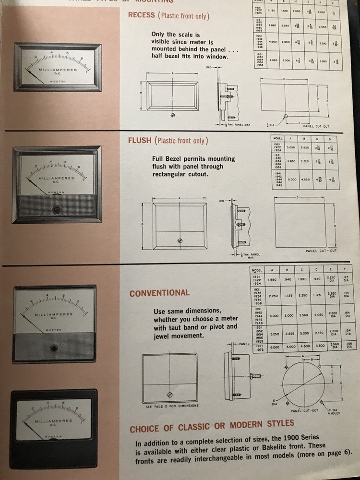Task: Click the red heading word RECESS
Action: click(x=142, y=15)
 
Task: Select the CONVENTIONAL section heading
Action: click(x=159, y=292)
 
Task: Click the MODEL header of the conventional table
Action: click(x=257, y=271)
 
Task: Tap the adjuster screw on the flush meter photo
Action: click(x=56, y=209)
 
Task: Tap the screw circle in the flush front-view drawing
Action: click(x=180, y=240)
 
